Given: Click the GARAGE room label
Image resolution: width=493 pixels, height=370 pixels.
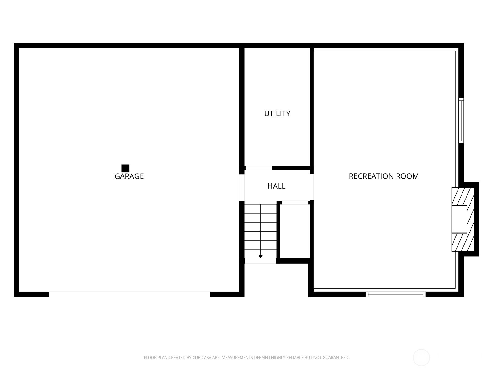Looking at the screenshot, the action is click(129, 176).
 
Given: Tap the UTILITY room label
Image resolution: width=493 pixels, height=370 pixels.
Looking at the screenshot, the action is click(277, 113).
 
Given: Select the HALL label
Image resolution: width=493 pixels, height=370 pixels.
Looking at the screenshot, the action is click(276, 186).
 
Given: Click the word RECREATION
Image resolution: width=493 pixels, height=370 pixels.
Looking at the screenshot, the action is click(371, 176).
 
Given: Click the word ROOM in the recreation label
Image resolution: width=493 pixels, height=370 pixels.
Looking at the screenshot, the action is click(407, 176).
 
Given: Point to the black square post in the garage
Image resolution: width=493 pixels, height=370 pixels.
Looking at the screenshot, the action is click(125, 168).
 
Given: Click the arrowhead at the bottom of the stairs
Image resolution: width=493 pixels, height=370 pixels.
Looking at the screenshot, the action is click(260, 257).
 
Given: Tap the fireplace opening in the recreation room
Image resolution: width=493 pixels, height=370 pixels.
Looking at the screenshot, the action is click(459, 219).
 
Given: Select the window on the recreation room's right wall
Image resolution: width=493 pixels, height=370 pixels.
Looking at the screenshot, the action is click(461, 121).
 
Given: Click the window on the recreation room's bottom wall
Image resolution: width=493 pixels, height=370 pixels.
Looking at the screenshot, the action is click(395, 294).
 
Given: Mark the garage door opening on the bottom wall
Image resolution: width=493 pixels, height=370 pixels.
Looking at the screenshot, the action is click(130, 294).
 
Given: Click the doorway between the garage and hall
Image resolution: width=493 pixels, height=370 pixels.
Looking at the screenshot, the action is click(242, 187).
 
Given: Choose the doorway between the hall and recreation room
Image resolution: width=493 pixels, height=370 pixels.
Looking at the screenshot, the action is click(312, 187).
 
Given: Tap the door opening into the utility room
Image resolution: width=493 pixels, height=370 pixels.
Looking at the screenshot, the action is click(259, 168).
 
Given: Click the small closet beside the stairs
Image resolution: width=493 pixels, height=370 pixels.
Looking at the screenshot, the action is click(295, 231).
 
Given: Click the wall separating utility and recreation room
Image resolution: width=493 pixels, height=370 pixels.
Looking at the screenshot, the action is click(312, 110).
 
